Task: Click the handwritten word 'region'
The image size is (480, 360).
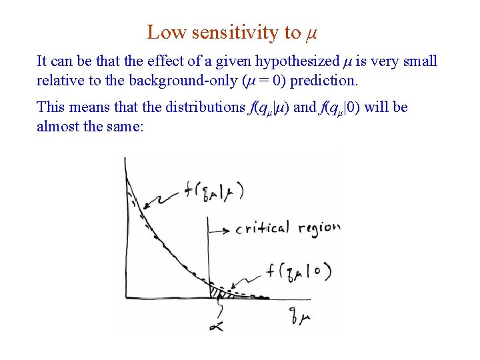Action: coord(319,229)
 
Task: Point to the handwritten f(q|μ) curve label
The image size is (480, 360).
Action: coord(213,192)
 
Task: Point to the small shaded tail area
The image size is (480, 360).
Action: coord(217,293)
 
